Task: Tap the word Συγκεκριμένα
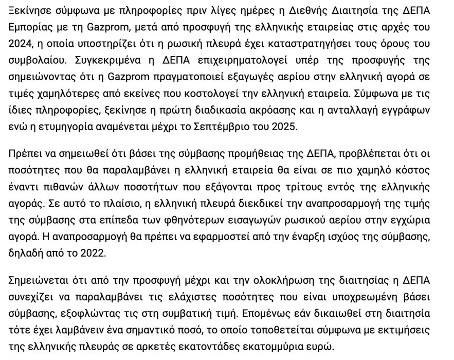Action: [105, 59]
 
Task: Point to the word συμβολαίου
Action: [34, 59]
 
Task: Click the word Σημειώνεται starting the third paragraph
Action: [38, 280]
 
